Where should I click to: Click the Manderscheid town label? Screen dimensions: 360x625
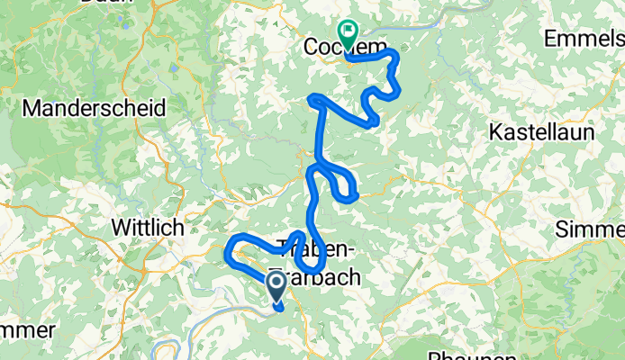point(95,108)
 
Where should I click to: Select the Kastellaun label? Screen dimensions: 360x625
point(541,131)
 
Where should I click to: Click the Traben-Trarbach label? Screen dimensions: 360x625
point(322,263)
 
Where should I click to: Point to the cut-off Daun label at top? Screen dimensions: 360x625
point(101,4)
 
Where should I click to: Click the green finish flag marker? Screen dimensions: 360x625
point(347,31)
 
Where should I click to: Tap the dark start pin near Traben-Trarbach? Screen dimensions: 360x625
point(277,286)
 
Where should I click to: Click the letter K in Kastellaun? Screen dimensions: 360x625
point(495,131)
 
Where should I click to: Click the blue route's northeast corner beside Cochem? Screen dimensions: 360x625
point(394,56)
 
